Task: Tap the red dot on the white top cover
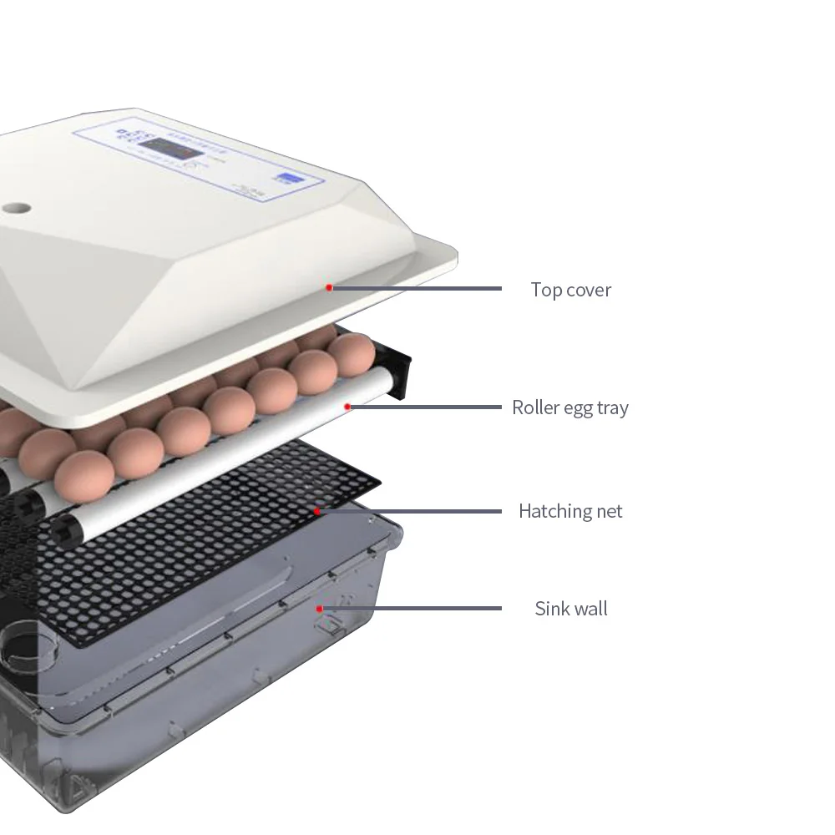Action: tap(330, 287)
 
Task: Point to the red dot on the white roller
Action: tap(348, 407)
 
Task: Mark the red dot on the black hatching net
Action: tap(316, 510)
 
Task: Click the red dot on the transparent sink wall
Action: tap(319, 609)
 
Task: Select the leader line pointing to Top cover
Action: tap(417, 288)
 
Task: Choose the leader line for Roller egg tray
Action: tap(426, 407)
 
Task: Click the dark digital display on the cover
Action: tap(169, 149)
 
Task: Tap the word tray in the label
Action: tap(611, 408)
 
